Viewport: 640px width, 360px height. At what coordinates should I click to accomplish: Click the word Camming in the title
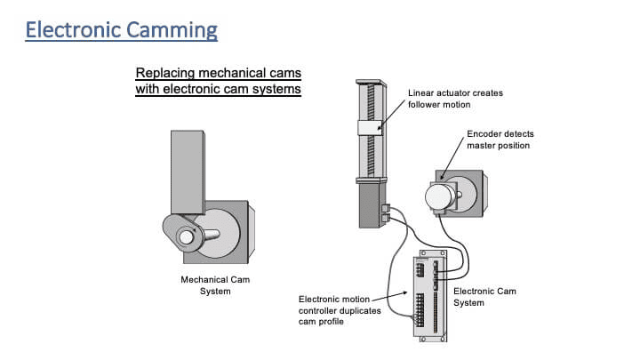coord(171,29)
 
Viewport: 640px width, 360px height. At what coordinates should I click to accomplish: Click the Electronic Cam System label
coord(484,297)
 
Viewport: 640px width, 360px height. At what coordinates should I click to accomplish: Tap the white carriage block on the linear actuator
coord(371,127)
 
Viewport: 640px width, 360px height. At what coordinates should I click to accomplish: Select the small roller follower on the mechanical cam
coord(188,236)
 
